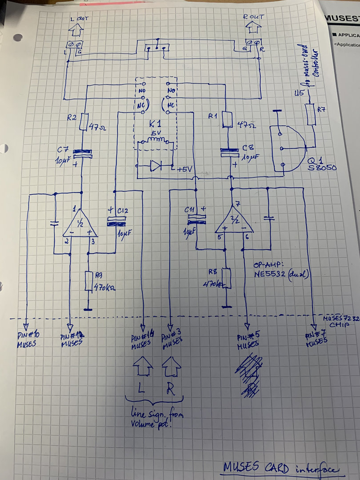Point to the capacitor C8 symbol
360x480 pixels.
click(233, 153)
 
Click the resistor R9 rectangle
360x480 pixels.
click(88, 281)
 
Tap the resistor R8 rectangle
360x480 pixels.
click(227, 277)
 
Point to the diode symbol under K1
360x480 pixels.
click(156, 166)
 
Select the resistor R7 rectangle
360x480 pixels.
click(311, 114)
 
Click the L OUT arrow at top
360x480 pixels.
click(76, 30)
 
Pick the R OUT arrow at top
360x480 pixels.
click(253, 28)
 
